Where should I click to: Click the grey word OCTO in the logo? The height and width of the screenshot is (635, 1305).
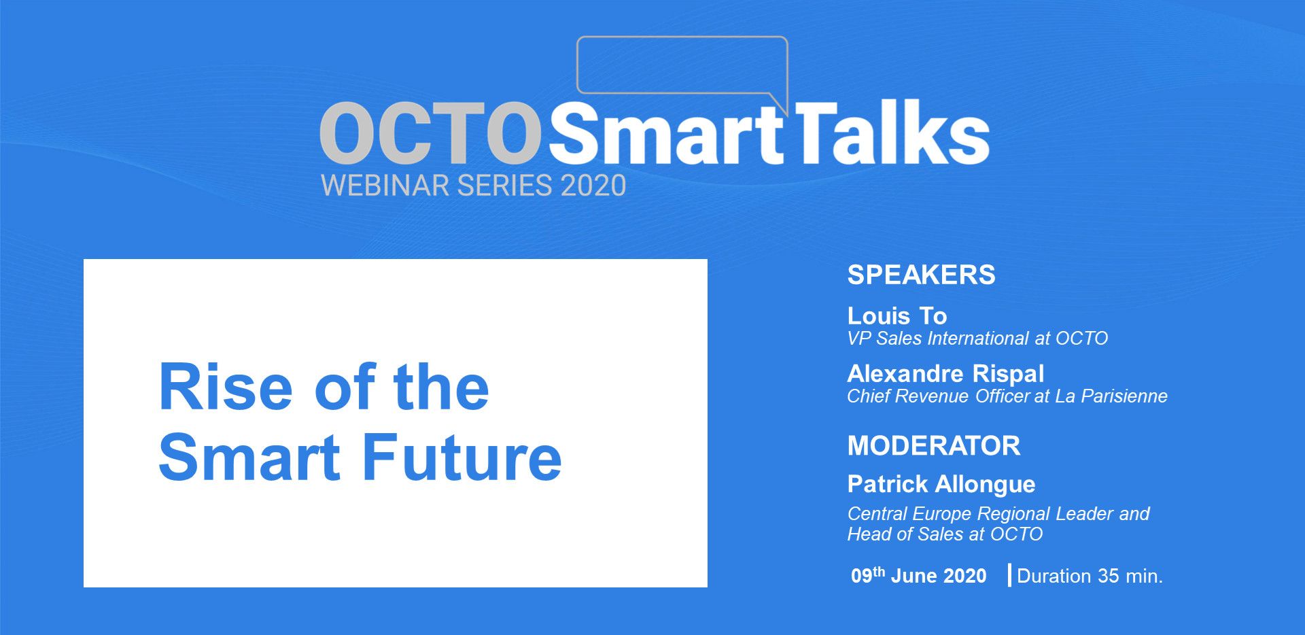[x=430, y=133]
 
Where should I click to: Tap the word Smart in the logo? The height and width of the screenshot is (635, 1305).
[x=666, y=133]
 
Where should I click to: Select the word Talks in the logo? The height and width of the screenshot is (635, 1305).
[x=892, y=131]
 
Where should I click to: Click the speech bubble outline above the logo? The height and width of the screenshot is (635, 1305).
[x=682, y=37]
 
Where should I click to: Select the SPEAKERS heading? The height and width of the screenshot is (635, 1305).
[x=921, y=275]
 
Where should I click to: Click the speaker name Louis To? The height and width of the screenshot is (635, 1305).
[x=897, y=315]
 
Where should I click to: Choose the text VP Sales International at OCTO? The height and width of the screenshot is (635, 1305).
[x=977, y=339]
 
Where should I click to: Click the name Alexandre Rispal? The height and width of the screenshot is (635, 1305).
[x=945, y=374]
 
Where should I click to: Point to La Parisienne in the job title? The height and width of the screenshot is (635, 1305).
[x=1111, y=396]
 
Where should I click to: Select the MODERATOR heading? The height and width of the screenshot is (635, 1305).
[x=934, y=446]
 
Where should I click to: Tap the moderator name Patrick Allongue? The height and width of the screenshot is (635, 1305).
[x=941, y=485]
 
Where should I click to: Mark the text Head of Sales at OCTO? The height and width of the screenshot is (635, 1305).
[x=945, y=534]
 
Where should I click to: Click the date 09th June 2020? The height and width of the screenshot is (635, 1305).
[x=918, y=575]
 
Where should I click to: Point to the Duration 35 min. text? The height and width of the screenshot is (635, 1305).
[x=1090, y=576]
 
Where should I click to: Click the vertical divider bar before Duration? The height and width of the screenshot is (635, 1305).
[x=1009, y=575]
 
